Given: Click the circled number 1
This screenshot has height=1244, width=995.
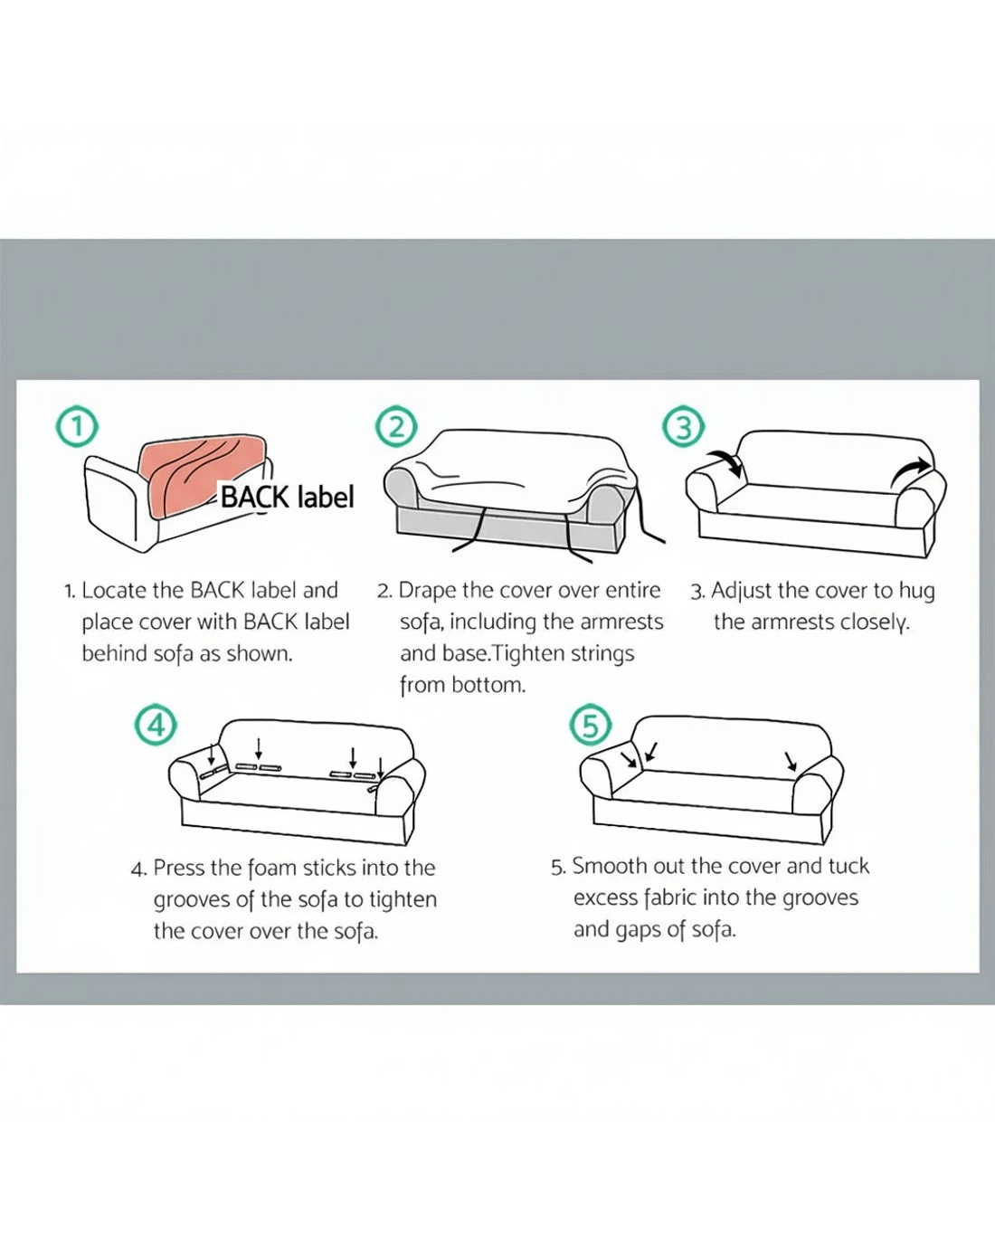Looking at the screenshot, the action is (x=77, y=428).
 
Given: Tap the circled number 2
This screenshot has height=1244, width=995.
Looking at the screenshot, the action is (x=396, y=427).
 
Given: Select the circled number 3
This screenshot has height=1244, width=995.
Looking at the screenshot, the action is (x=683, y=428).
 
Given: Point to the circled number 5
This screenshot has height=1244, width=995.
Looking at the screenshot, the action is (x=591, y=726).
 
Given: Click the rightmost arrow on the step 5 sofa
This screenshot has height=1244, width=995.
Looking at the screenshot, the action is (x=791, y=762).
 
